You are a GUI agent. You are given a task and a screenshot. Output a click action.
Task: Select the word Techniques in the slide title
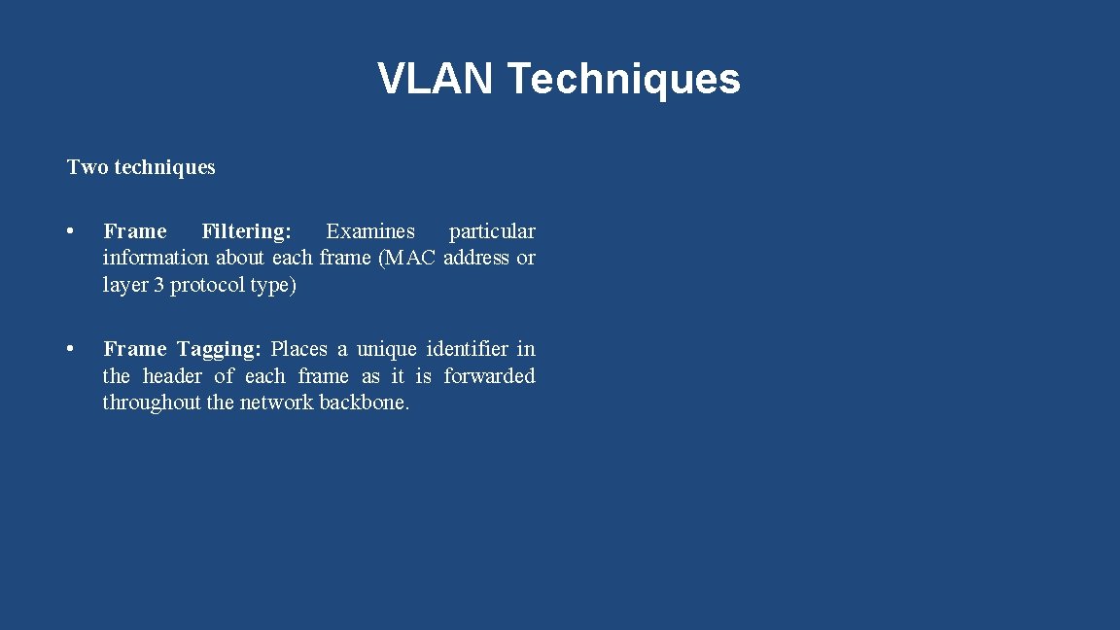623,79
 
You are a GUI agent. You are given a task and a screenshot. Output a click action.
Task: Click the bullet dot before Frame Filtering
70,231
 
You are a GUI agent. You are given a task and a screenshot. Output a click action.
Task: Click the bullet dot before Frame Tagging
70,349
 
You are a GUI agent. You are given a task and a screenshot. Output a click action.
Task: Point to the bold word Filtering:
246,231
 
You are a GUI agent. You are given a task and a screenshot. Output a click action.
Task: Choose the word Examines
370,231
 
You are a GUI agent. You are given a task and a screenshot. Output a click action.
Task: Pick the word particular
492,231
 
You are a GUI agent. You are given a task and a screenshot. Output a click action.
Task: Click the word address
476,258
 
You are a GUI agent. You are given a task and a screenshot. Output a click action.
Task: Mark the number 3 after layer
158,285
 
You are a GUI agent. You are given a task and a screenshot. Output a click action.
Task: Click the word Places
298,349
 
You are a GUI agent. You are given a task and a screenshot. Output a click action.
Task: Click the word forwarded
489,376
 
